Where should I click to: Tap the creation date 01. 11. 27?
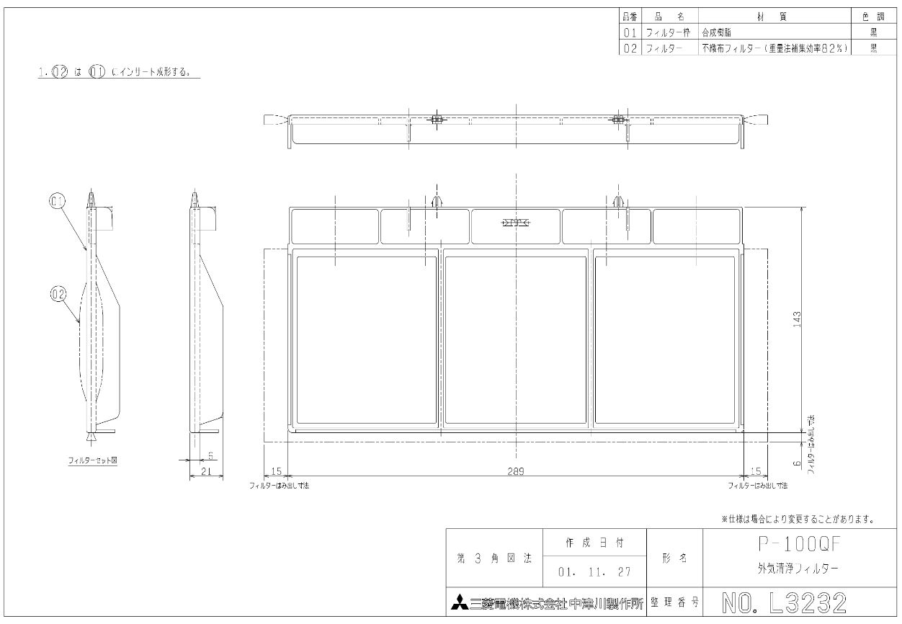pos(594,572)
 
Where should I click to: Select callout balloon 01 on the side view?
pos(57,201)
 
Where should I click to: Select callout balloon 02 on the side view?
pos(58,293)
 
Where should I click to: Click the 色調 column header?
pos(872,17)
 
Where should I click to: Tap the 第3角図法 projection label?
pos(494,557)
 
